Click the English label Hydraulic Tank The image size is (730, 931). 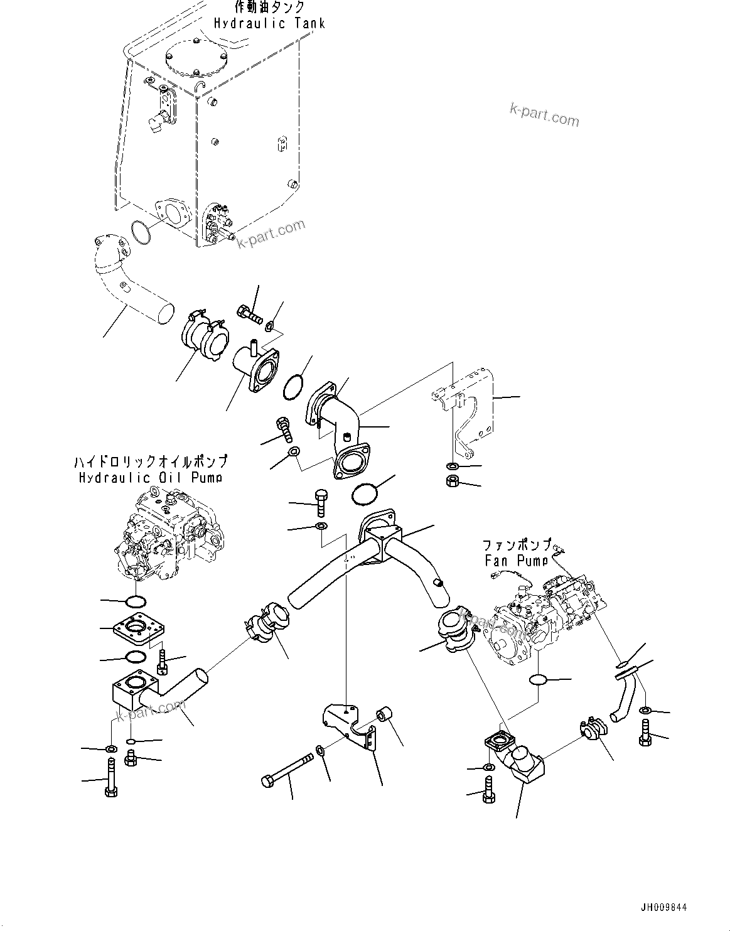coord(269,23)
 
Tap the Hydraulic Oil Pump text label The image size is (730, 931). coord(151,478)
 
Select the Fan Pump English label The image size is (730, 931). coord(516,560)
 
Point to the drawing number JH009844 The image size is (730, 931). coord(663,908)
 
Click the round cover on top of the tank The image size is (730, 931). coord(195,56)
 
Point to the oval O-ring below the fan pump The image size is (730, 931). coord(539,680)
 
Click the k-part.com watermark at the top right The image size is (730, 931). coord(544,114)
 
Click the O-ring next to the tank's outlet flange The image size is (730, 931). coord(141,233)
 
